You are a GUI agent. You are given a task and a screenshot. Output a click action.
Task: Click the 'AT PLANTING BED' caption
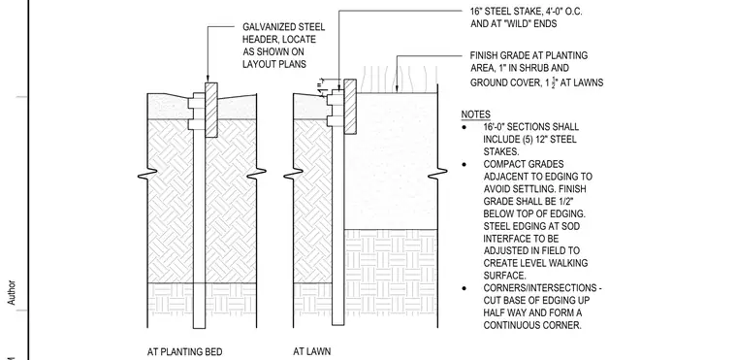point(184,351)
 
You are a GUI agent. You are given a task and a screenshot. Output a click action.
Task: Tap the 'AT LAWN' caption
point(311,351)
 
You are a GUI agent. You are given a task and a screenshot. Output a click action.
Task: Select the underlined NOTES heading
point(476,115)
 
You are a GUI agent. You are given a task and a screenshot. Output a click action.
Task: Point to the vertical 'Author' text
point(12,293)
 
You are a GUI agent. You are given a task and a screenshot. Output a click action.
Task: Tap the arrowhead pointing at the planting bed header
point(208,80)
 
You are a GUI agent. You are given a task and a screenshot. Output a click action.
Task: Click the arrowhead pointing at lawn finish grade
point(398,88)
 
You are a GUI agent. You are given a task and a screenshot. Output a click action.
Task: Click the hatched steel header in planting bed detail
point(211,110)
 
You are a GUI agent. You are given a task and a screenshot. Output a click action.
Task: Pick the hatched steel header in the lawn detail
point(350,107)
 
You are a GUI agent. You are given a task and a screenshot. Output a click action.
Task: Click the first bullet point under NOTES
point(465,127)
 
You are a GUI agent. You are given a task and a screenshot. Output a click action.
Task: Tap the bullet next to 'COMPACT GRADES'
point(465,164)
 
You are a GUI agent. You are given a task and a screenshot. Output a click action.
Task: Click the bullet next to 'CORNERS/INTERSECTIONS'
point(465,288)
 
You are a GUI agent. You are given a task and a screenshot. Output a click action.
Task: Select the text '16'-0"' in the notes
point(494,127)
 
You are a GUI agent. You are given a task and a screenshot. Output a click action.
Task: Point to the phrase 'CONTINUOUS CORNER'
point(532,325)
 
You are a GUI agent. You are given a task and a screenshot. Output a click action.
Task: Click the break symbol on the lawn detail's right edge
point(437,175)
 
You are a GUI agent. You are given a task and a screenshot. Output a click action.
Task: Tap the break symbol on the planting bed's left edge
point(147,175)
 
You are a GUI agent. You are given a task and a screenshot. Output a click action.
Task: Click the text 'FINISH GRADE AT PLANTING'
point(529,55)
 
